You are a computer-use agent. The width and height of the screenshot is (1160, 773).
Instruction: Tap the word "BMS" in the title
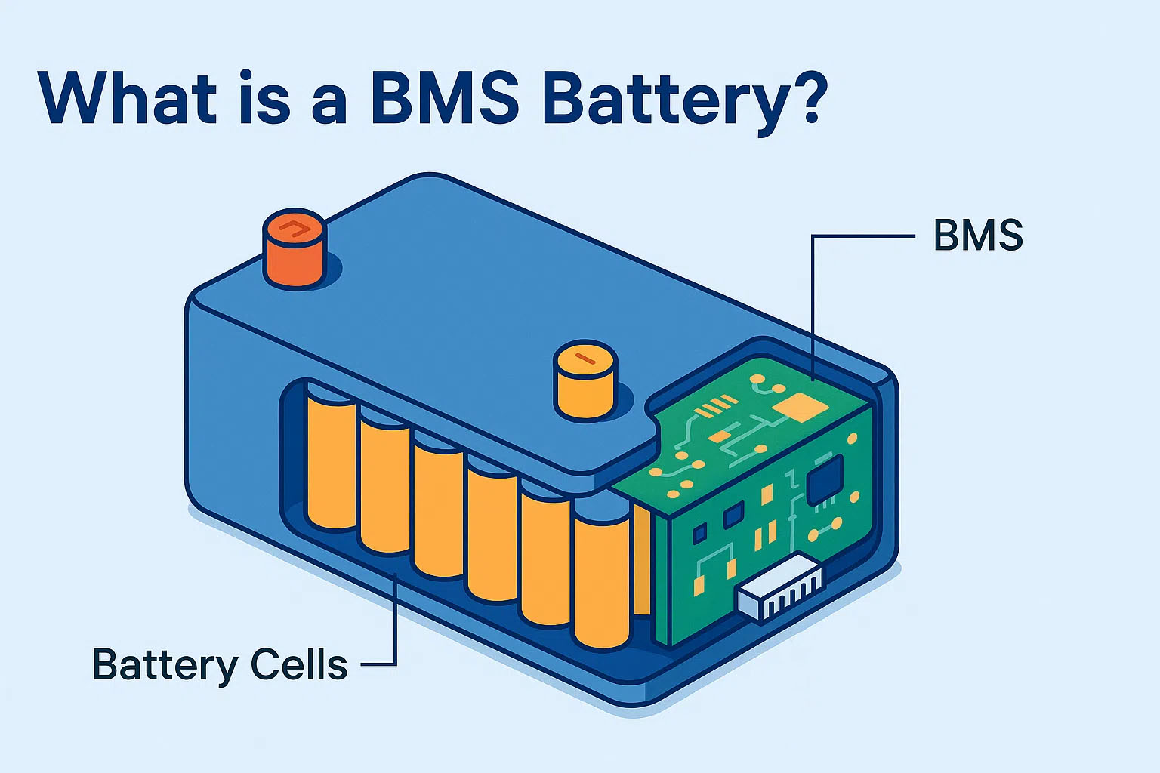click(445, 97)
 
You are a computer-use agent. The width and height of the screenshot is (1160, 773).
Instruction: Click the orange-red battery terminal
click(295, 248)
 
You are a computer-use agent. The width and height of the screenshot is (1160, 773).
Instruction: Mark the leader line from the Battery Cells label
click(394, 619)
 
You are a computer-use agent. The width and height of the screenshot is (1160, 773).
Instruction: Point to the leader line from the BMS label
click(813, 302)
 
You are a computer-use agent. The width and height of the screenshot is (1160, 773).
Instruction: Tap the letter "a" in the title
click(329, 105)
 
